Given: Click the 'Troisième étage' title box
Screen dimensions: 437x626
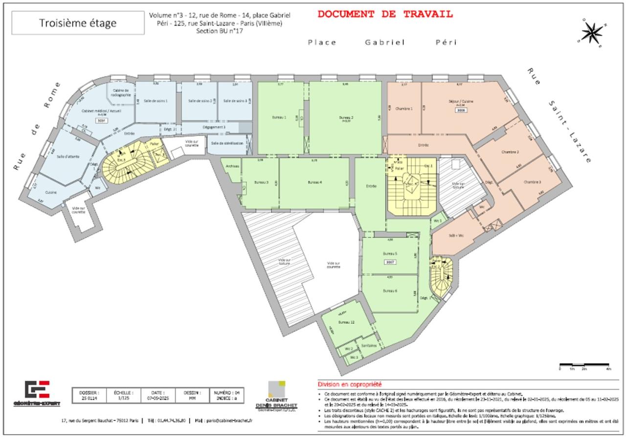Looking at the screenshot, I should point(78,23).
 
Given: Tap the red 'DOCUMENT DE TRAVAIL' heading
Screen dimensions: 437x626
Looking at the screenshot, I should point(385,14).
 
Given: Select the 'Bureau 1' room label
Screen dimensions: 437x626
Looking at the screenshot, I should point(279,118).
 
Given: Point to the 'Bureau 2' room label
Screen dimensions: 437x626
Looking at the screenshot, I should point(346,118).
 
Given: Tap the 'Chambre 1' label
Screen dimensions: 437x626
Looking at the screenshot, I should point(404,108).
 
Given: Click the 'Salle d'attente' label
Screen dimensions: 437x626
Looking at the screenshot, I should point(67,156).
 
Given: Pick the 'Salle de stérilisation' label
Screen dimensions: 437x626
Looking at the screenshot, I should point(227,144).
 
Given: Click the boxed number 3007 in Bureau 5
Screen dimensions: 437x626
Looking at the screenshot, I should point(390,262).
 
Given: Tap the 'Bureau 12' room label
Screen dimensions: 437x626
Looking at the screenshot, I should point(345,322).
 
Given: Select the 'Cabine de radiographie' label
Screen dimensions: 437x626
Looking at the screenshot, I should point(120,92).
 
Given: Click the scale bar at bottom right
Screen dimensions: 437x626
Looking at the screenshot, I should point(584,365).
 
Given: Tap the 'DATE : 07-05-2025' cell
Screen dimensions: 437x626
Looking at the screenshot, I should point(157,395).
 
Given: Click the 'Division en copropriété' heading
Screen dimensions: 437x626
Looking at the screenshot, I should point(350,385).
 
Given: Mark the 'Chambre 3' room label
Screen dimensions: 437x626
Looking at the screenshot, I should point(533,182).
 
